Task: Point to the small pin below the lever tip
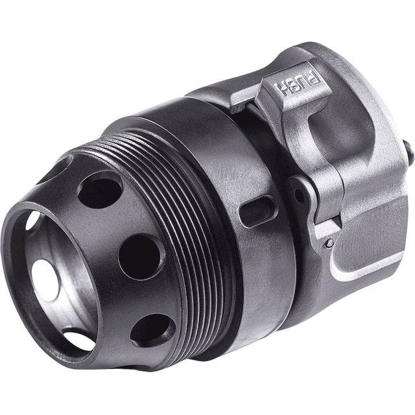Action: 330,243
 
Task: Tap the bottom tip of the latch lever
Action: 324,227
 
